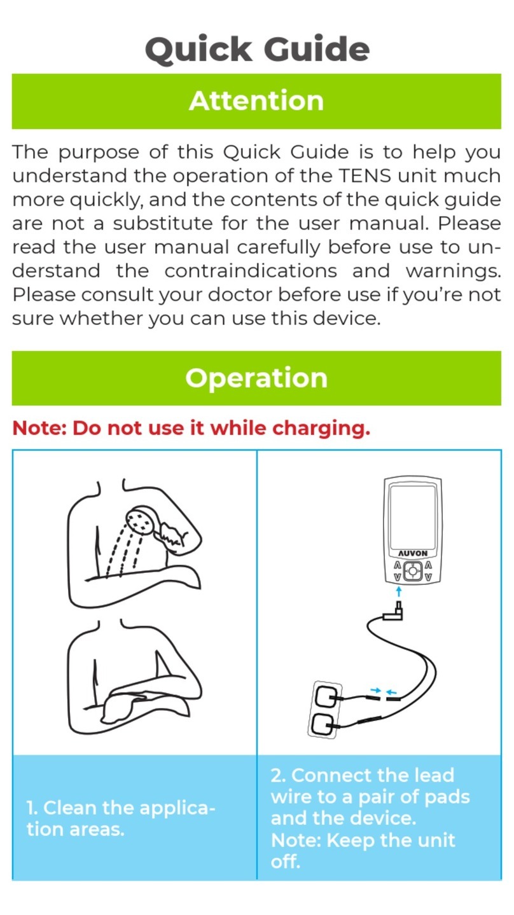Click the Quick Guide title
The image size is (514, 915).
point(258,50)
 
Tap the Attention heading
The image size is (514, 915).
point(256,100)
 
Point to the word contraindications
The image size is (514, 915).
point(251,270)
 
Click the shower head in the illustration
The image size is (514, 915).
point(141,520)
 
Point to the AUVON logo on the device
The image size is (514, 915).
point(413,553)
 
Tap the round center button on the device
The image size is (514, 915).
point(413,570)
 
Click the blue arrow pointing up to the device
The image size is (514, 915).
point(399,591)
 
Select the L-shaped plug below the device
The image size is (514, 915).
point(394,611)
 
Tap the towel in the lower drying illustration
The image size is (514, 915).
point(123,709)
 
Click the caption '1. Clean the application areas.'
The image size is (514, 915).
point(120,818)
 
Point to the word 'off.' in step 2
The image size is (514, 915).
point(285,861)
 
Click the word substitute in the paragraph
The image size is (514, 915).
point(163,223)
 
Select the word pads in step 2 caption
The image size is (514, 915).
point(447,797)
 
